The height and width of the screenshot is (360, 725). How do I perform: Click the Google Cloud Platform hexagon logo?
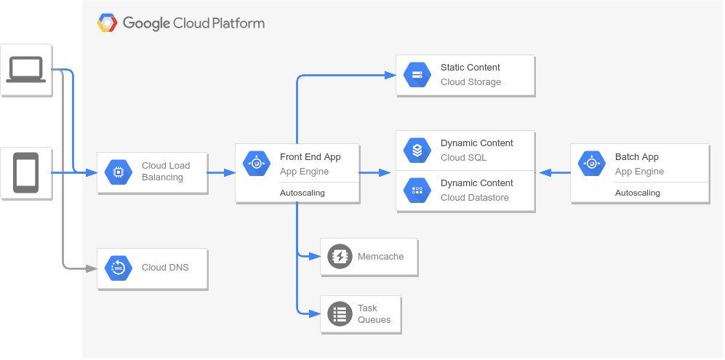click(x=108, y=23)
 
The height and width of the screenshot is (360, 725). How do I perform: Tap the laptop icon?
click(x=25, y=70)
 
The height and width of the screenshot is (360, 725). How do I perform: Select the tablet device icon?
click(x=25, y=172)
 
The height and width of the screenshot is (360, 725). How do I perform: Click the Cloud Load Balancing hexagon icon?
click(x=118, y=172)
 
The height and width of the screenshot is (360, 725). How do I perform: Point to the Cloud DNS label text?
click(x=165, y=268)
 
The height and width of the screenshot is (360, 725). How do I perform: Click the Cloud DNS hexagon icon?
click(x=118, y=268)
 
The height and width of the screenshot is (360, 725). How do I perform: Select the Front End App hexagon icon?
click(x=256, y=164)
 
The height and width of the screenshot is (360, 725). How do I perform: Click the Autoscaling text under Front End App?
click(x=302, y=193)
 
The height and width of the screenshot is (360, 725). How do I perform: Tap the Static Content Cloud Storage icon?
click(x=417, y=74)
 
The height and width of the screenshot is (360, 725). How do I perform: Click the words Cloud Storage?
click(x=470, y=82)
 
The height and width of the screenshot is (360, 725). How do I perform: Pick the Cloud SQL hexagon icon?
click(x=417, y=151)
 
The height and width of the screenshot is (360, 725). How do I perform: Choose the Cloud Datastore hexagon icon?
click(x=417, y=190)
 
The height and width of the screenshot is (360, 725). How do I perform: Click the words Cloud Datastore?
click(x=474, y=198)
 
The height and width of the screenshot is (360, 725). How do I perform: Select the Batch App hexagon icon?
click(x=591, y=164)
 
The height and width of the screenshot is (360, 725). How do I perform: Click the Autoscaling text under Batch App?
click(x=637, y=193)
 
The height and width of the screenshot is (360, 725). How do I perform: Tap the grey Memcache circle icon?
click(x=340, y=257)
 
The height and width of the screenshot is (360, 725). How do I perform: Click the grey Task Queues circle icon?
click(x=340, y=313)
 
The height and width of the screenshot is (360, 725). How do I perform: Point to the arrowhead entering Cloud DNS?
click(x=92, y=268)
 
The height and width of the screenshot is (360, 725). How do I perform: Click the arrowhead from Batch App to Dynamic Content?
click(x=544, y=172)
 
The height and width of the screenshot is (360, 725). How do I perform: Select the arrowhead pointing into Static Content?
click(x=390, y=74)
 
